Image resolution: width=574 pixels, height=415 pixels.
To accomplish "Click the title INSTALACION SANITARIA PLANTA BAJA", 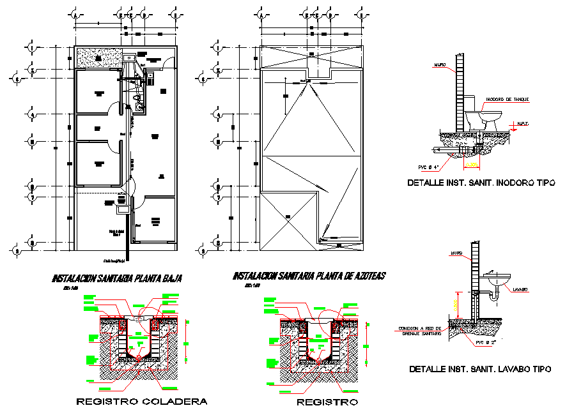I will click(117, 279).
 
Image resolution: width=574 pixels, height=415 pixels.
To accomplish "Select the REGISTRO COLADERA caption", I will click(142, 402).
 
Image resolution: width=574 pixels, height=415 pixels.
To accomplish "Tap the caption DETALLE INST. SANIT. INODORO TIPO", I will click(481, 183).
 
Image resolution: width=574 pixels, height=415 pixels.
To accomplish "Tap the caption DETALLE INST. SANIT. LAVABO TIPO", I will click(480, 369).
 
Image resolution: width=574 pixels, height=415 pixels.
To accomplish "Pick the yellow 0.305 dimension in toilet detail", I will click(472, 165).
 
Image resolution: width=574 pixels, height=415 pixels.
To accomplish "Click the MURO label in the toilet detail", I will click(439, 65).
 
